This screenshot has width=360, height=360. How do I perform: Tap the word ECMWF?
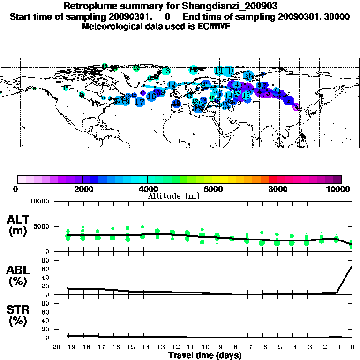point(211,26)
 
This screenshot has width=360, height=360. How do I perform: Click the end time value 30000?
point(337,17)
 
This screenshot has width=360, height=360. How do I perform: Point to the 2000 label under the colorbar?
point(82,189)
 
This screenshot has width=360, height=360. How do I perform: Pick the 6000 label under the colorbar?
point(212,189)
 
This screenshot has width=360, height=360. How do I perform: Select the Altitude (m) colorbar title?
point(174,196)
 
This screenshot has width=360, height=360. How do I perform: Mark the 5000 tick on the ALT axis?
point(43,227)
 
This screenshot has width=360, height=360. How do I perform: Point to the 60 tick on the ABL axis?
point(46,269)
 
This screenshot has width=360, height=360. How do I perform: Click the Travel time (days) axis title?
point(205,355)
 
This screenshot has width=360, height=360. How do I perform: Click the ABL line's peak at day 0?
point(352,267)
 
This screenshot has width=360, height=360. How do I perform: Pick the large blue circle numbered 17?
point(140,102)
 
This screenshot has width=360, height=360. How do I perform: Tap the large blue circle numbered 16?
point(151,96)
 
